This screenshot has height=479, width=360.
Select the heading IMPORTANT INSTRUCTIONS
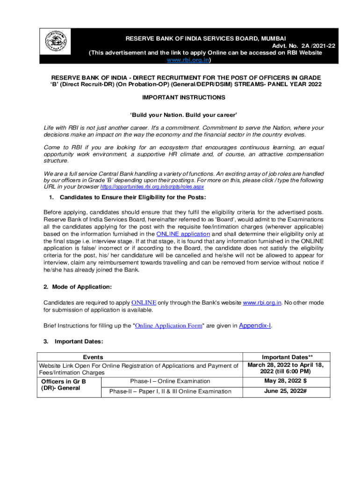tap(183, 97)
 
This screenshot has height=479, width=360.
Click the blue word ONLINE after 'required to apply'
tap(144, 303)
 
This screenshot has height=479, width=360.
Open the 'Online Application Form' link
tap(168, 326)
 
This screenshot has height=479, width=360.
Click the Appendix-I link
tap(255, 325)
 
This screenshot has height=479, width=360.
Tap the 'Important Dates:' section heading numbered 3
tap(79, 341)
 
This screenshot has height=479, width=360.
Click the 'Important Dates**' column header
tap(285, 357)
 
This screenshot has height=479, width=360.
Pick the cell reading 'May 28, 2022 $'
tap(285, 381)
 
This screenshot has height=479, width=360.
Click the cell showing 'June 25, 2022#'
tap(285, 391)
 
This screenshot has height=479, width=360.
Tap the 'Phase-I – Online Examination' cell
tap(170, 381)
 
